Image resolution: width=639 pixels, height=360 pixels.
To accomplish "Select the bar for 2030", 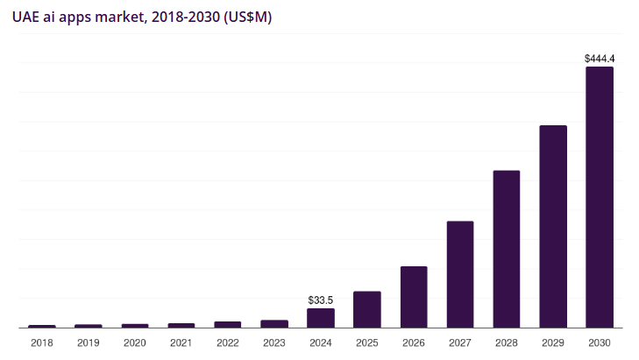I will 600,197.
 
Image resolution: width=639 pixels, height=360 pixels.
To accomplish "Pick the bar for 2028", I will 507,249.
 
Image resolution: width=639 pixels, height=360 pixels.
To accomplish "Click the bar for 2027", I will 460,274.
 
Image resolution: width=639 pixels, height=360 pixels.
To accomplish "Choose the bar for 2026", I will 414,297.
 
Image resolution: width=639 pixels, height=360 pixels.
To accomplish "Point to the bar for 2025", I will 367,309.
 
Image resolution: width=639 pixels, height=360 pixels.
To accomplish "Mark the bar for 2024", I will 321,318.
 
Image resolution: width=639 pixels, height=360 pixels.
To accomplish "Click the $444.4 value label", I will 600,59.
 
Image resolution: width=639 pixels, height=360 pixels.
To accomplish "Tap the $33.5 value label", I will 321,300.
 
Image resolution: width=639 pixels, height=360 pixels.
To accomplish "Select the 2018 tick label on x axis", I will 42,342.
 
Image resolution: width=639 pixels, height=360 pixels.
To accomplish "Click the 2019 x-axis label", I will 89,342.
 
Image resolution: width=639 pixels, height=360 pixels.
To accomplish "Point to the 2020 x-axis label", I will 135,342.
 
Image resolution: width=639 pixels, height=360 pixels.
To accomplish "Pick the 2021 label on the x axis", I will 181,342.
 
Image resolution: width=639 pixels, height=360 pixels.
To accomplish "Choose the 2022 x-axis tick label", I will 228,342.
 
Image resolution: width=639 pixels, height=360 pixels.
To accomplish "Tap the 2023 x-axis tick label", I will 274,342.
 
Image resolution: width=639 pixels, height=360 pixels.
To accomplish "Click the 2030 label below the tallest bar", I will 600,342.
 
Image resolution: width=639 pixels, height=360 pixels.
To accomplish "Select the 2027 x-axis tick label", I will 460,342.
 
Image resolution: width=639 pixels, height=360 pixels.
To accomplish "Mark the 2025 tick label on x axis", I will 367,342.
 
